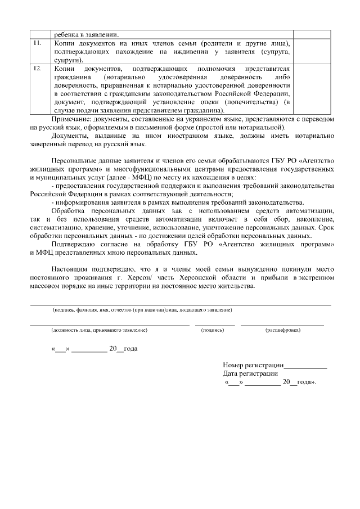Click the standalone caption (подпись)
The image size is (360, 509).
click(213, 330)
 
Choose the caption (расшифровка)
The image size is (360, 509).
click(282, 330)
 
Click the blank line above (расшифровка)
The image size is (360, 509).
click(282, 325)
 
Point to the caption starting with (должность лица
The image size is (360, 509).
click(99, 330)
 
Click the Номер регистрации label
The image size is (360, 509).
click(253, 365)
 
